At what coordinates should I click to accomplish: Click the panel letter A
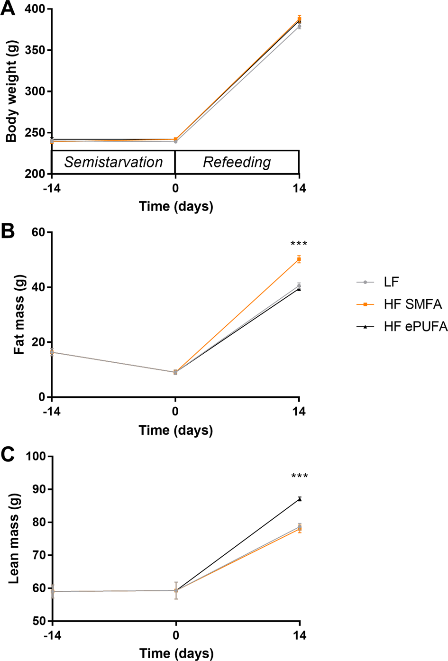click(x=8, y=9)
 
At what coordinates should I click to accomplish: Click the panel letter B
click(x=8, y=231)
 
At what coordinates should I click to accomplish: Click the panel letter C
click(x=8, y=455)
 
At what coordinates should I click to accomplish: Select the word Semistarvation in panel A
click(x=113, y=162)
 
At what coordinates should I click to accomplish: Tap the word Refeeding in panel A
click(x=237, y=162)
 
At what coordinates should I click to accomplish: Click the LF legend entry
click(x=391, y=282)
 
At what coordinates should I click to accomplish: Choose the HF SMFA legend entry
click(x=412, y=304)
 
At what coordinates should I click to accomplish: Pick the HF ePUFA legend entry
click(x=415, y=327)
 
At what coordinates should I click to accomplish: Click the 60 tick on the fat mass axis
click(x=38, y=232)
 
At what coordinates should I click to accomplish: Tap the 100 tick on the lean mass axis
click(x=35, y=456)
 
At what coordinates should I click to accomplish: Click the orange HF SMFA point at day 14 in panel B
click(x=299, y=259)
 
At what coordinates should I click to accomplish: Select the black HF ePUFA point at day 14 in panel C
click(x=300, y=499)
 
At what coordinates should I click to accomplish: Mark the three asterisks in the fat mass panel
click(x=299, y=245)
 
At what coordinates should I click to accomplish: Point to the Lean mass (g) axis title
click(x=13, y=538)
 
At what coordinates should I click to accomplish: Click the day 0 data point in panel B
click(x=175, y=372)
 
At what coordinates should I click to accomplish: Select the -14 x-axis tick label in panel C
click(x=52, y=635)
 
